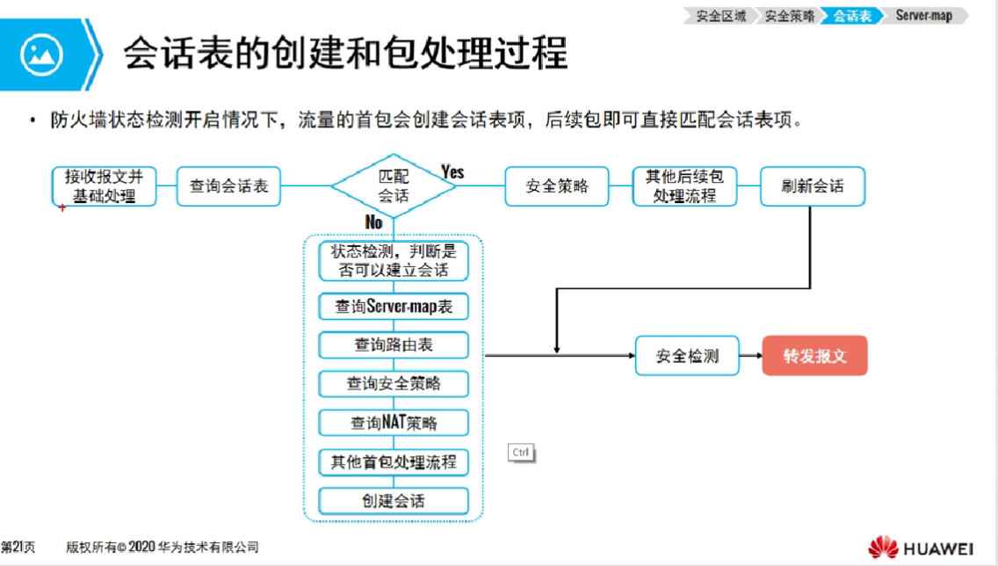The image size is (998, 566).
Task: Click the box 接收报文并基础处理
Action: point(105,186)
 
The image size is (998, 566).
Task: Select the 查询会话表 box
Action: point(228,186)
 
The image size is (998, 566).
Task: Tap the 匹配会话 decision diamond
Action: point(393,185)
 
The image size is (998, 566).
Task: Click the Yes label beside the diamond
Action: point(452,171)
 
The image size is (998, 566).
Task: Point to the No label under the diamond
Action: point(374,222)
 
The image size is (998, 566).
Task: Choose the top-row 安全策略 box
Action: point(557,186)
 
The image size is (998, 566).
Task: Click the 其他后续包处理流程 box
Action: point(684,186)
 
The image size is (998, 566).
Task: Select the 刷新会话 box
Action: point(813,186)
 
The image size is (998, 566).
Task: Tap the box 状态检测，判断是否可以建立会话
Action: point(394,261)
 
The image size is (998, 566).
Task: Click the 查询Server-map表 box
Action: point(394,307)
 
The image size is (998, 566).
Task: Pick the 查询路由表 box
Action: point(394,345)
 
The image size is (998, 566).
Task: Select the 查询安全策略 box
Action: point(394,384)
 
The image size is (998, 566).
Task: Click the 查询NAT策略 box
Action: point(394,423)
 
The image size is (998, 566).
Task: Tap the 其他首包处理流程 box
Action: point(394,462)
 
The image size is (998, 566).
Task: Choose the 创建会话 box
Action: point(394,501)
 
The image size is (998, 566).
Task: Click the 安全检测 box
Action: point(687,356)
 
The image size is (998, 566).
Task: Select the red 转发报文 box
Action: point(814,356)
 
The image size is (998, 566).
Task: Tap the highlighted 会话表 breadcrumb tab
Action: point(852,16)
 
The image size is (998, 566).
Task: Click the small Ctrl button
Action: point(521,453)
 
